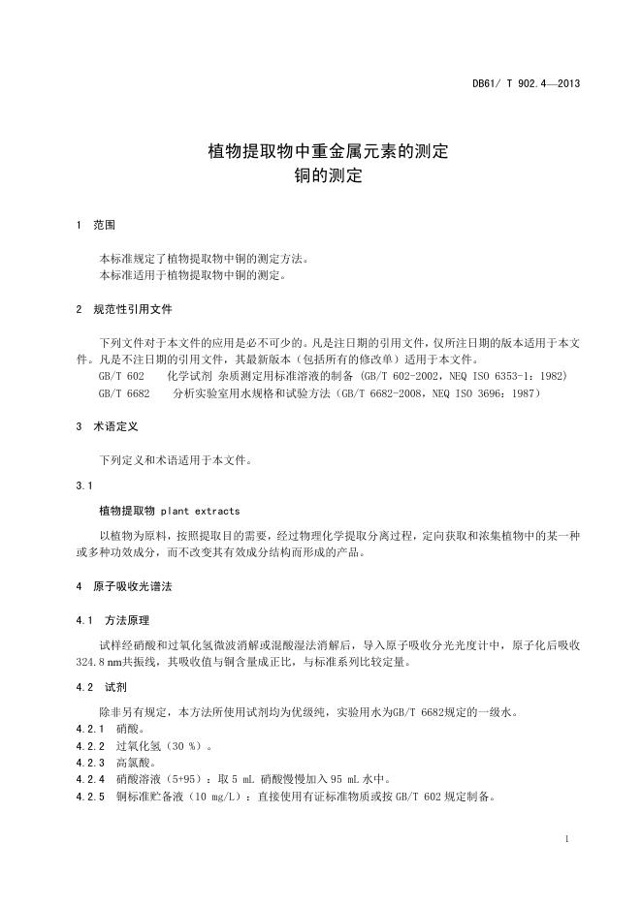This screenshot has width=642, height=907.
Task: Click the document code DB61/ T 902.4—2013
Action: [x=526, y=83]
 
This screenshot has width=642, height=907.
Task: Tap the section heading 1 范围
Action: [x=96, y=225]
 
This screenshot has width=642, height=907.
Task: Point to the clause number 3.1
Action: [x=84, y=485]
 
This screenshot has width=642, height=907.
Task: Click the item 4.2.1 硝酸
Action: [x=110, y=728]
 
